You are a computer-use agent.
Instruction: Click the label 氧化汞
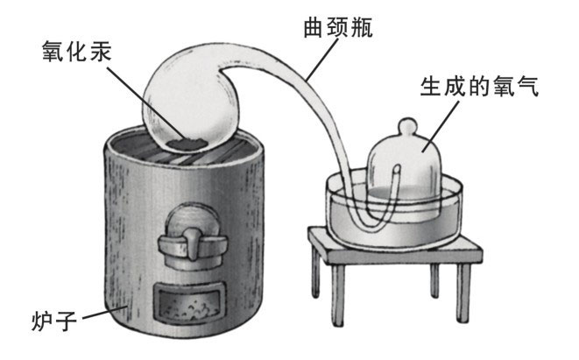click(x=76, y=51)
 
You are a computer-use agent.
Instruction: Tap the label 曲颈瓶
click(x=338, y=26)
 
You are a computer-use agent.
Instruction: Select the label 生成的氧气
click(x=480, y=86)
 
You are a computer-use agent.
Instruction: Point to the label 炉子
click(x=54, y=321)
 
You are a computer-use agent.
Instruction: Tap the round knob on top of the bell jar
click(x=407, y=127)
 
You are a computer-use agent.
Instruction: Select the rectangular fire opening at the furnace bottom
click(x=190, y=304)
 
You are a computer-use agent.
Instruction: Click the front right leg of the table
click(x=463, y=293)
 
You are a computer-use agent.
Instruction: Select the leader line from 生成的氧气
click(x=441, y=126)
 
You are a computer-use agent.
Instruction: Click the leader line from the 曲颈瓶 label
click(x=322, y=59)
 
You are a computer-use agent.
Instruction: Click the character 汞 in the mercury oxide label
click(x=100, y=51)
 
